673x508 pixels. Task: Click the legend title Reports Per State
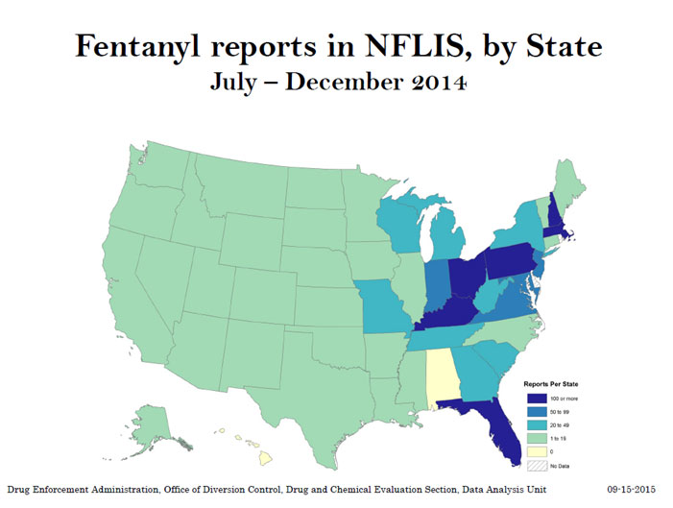(550, 381)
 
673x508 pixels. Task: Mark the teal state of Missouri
(386, 302)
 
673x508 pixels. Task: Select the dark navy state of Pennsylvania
(514, 260)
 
